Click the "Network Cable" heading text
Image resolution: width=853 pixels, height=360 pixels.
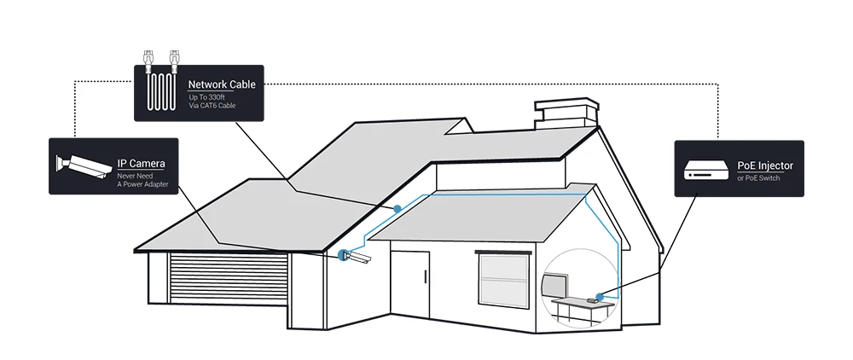[x=221, y=84]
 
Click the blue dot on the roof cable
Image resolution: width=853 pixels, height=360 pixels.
[x=397, y=209]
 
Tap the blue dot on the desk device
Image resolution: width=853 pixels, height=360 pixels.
[x=600, y=297]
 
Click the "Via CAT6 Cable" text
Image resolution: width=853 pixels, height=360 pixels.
[x=212, y=105]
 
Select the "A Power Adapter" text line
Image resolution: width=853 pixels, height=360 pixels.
[x=142, y=183]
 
